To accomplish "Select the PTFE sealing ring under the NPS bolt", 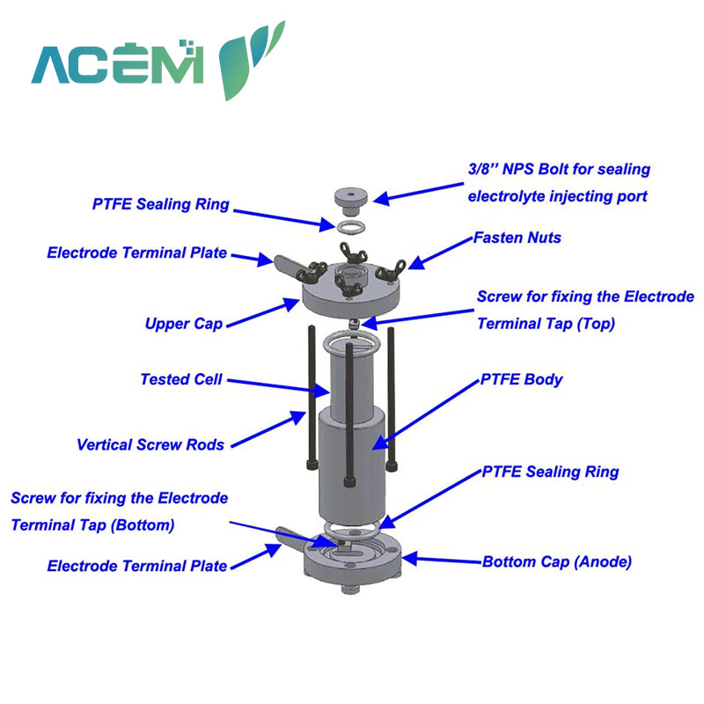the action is point(350,226).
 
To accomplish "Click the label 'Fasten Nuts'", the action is point(517,238).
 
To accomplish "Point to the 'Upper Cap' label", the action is point(184,324).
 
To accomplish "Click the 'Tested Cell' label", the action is point(181,379).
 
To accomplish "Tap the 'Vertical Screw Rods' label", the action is point(150,444).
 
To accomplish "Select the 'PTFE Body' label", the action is point(521,380).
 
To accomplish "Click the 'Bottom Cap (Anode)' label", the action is point(557,561).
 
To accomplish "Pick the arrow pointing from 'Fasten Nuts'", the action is point(441,253).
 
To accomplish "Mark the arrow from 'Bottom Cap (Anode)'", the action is point(443,560).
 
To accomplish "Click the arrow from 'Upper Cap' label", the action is point(262,313).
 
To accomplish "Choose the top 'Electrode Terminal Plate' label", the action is point(137,253).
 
